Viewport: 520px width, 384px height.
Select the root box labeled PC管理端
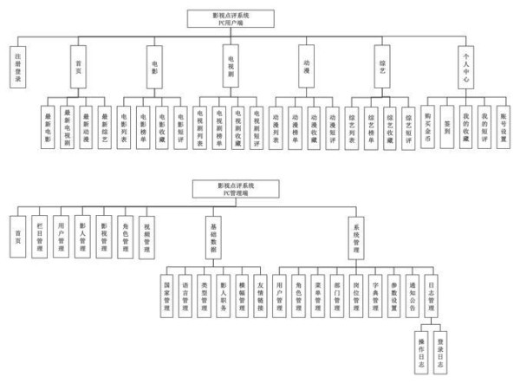(235, 188)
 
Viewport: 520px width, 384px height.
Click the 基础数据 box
(214, 234)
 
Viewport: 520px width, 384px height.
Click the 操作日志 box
(422, 354)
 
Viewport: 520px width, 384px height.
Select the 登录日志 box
(442, 354)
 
